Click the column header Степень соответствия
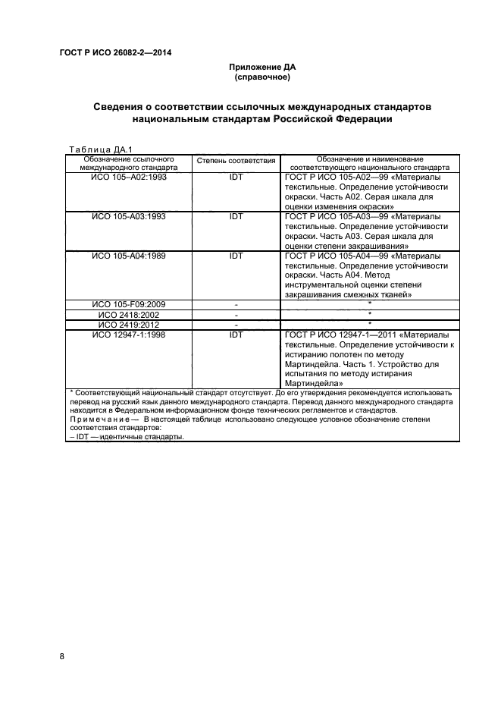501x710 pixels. coord(236,162)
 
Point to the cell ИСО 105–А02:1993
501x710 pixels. coord(129,176)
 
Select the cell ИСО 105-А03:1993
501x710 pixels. coord(129,216)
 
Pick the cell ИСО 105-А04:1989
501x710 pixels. coord(129,256)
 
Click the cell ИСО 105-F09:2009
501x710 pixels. coord(129,305)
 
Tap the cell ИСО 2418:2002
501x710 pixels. coord(129,315)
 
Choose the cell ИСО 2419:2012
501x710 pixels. coord(129,325)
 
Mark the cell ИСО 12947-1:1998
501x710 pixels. coord(129,335)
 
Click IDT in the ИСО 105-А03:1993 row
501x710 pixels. coord(236,216)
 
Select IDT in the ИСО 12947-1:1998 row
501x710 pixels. coord(236,335)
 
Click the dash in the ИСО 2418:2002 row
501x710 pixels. coord(236,315)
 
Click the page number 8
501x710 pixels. coord(62,655)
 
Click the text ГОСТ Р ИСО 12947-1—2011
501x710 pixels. coord(336,335)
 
